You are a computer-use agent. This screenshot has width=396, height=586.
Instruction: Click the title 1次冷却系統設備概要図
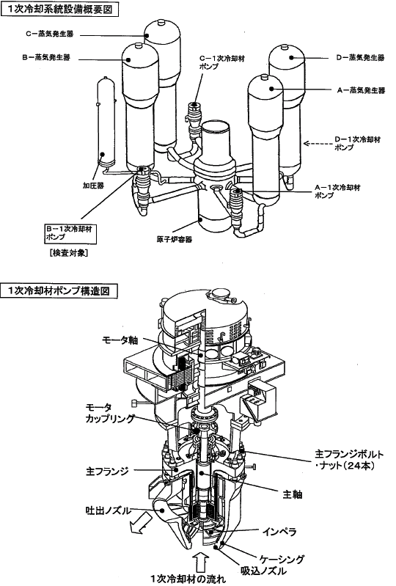59,8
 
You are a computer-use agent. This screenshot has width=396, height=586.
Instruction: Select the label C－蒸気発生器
50,34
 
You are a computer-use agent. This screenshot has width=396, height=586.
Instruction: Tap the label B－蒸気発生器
46,57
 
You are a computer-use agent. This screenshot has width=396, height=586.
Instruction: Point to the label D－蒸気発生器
360,57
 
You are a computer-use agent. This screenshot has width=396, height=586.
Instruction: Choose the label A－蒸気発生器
361,90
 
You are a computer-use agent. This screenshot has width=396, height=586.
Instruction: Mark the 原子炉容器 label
175,239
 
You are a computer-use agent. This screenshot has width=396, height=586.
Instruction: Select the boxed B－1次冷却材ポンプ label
70,232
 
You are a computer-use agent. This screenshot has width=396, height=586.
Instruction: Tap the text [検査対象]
68,252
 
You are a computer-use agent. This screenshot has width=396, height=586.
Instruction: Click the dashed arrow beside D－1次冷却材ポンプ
316,143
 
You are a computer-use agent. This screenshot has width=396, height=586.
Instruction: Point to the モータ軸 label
120,340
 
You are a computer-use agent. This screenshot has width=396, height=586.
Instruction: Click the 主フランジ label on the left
107,471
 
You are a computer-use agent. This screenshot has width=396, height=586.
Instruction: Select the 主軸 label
292,494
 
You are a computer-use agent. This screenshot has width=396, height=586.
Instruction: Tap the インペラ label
279,531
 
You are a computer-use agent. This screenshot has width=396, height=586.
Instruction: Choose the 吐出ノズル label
109,510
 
